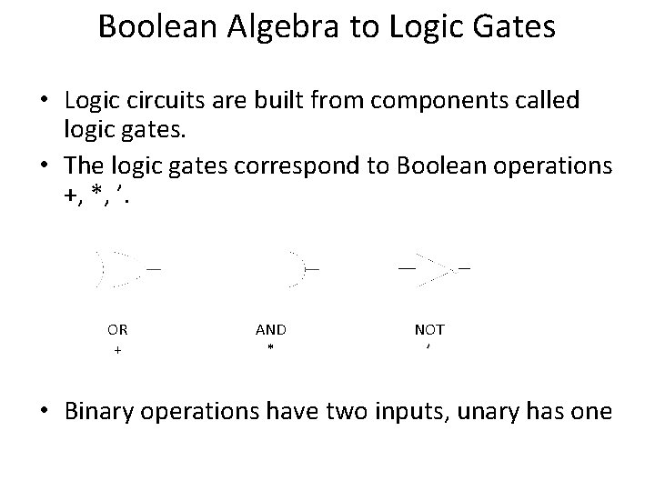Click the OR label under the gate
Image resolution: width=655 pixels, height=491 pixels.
[x=117, y=329]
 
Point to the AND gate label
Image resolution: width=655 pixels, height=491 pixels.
[x=270, y=329]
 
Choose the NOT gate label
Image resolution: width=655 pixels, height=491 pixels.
[x=429, y=329]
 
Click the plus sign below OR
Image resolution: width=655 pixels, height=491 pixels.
[x=117, y=349]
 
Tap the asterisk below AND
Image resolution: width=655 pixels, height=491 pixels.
[x=270, y=349]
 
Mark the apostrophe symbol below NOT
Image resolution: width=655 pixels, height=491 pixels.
[x=428, y=346]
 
